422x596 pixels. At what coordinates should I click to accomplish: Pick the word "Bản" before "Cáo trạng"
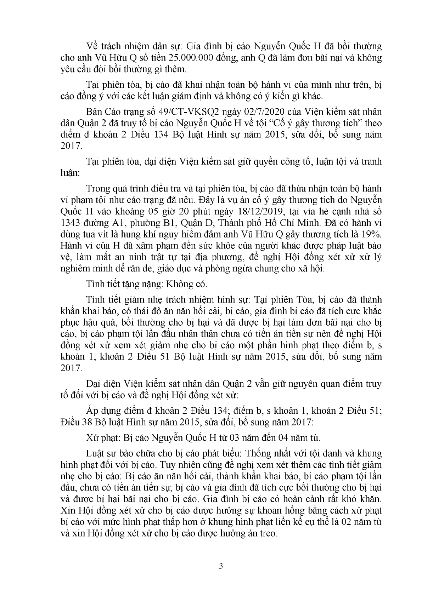(x=94, y=112)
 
